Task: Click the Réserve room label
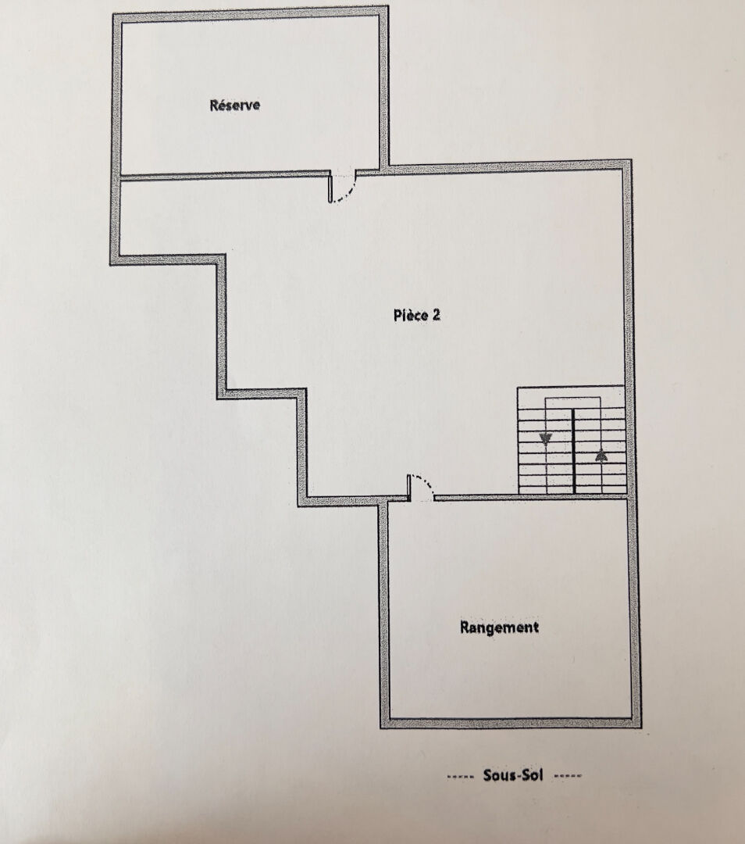(234, 105)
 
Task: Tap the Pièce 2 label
(417, 315)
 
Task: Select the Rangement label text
(499, 628)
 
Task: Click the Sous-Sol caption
(512, 775)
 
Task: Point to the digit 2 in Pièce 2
(436, 315)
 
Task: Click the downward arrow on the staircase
(546, 440)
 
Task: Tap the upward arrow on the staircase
(601, 456)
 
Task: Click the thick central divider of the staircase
(573, 451)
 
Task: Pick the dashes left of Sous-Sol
(461, 776)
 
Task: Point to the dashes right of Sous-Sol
(568, 776)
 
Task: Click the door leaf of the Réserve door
(330, 188)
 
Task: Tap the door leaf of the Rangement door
(408, 488)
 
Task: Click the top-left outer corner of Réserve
(113, 15)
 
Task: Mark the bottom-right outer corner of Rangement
(641, 728)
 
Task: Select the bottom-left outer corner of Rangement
(380, 728)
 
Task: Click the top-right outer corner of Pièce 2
(631, 160)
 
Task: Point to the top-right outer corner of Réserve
(388, 6)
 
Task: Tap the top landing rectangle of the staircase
(573, 403)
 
